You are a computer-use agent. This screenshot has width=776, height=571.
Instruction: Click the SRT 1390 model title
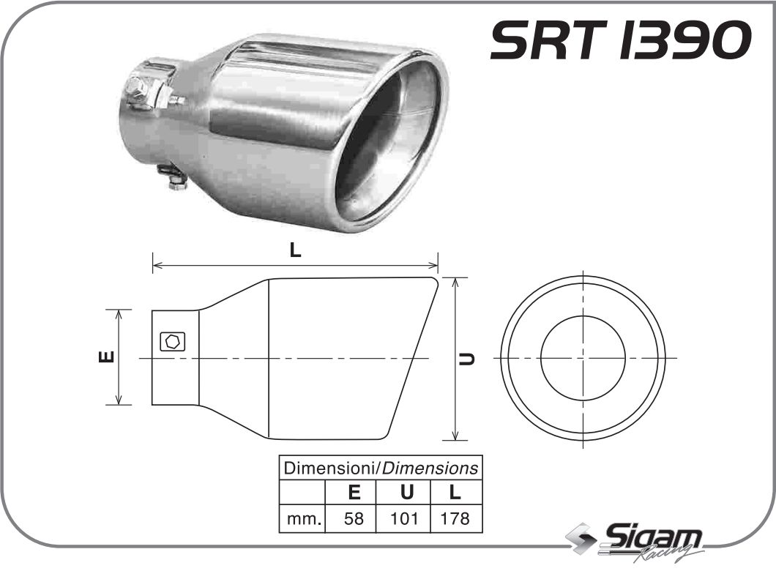coord(620,40)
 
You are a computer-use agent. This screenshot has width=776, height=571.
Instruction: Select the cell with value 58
coord(353,520)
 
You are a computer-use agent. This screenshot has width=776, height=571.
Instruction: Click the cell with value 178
coord(455,520)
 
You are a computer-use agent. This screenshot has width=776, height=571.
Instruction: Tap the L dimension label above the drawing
coord(294,250)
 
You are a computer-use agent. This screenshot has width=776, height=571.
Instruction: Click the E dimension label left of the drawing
coord(105,357)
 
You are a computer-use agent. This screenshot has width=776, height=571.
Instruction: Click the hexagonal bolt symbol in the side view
coord(173,341)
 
